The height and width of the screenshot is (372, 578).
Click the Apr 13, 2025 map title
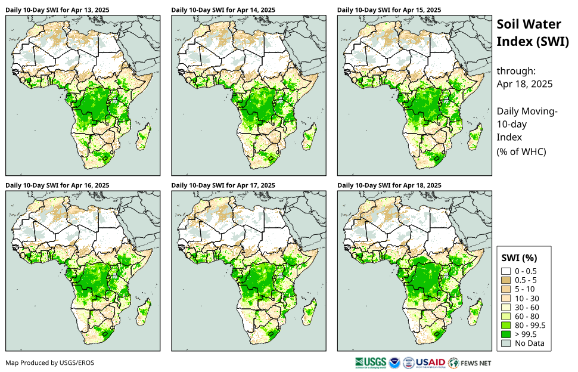[57, 10]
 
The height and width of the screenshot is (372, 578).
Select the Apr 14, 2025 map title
[223, 10]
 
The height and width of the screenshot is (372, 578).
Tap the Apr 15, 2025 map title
[389, 10]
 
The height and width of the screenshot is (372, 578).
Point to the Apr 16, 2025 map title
[57, 185]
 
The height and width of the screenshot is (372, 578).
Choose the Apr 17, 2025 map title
[223, 185]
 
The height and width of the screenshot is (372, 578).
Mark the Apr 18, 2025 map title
[389, 185]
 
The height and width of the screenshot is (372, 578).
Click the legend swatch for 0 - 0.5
[506, 271]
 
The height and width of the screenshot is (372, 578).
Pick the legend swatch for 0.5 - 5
[506, 280]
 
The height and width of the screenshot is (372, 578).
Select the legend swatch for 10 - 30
[506, 298]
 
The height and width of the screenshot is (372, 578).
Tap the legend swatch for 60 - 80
[506, 316]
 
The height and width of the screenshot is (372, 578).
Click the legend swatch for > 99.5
[506, 334]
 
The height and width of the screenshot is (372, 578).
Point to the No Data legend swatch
[506, 343]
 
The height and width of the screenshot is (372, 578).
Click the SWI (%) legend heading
[520, 258]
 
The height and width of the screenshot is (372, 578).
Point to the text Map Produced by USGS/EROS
[49, 362]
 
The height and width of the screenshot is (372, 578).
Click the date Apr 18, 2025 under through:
[524, 84]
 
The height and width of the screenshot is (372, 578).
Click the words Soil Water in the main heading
[529, 24]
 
